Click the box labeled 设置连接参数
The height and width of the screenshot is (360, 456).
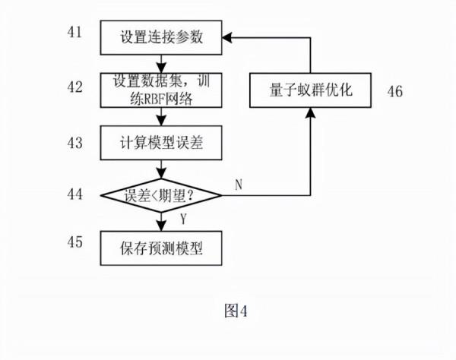click(160, 36)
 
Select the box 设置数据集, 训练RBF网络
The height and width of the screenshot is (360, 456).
click(160, 88)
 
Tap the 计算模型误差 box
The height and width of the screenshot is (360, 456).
click(160, 141)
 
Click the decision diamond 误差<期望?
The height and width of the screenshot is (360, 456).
click(160, 195)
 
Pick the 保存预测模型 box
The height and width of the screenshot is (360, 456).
click(160, 247)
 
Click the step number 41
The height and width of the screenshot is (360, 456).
click(73, 34)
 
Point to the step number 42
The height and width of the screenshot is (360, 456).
click(73, 87)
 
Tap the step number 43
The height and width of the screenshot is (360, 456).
click(73, 141)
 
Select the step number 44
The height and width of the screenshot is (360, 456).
click(73, 194)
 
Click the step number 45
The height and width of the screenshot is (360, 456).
click(73, 245)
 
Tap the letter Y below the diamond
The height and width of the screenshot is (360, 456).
click(182, 219)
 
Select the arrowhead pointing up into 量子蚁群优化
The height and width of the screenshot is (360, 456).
click(310, 113)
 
